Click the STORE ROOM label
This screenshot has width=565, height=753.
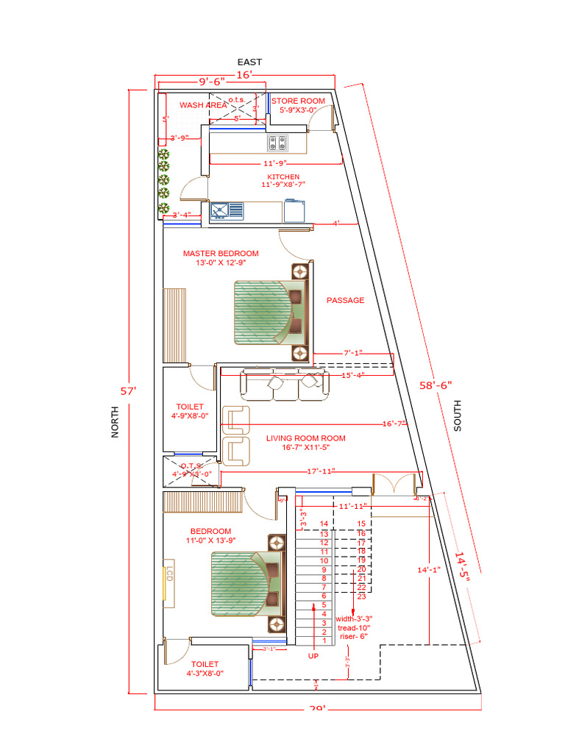298,101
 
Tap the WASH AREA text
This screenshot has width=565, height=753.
203,105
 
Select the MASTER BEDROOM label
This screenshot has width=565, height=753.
221,254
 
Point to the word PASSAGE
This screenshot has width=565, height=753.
345,300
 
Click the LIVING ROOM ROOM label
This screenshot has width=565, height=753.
305,438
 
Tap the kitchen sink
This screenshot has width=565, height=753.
227,212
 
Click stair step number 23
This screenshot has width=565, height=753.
361,596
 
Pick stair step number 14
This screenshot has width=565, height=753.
324,524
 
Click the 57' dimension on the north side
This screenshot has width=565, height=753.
133,391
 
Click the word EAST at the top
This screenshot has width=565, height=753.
249,63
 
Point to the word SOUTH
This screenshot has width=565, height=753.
458,415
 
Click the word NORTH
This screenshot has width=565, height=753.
115,424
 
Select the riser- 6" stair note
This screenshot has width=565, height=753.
352,636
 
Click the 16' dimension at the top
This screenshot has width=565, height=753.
244,74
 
